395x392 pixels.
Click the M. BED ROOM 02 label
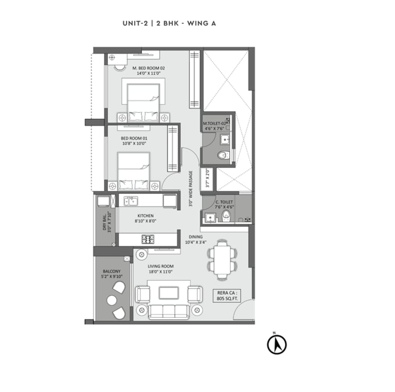[x=148, y=71]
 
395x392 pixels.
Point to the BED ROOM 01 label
[x=134, y=141]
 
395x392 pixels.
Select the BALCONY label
[x=112, y=274]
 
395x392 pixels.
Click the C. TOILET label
[x=225, y=204]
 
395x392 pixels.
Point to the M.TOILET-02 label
[x=215, y=124]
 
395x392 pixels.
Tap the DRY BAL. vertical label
[x=106, y=223]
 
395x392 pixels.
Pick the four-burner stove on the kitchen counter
[x=149, y=239]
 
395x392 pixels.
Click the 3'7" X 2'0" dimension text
[x=207, y=178]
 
